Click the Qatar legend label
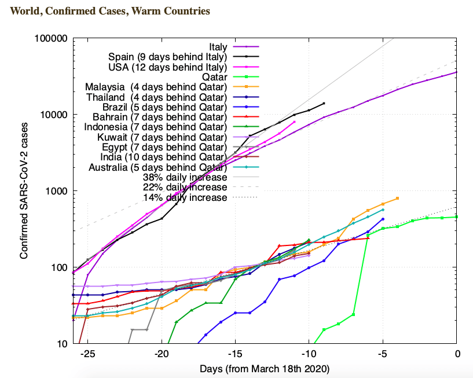coord(214,77)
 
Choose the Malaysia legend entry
coord(156,87)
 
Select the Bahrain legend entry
coord(156,118)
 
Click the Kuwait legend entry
coord(156,137)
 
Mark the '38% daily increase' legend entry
coord(185,178)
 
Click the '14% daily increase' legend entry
coord(185,198)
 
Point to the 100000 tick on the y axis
coord(53,39)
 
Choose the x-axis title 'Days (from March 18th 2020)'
coord(265,368)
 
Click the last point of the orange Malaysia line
coord(398,198)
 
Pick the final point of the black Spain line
coord(324,103)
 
